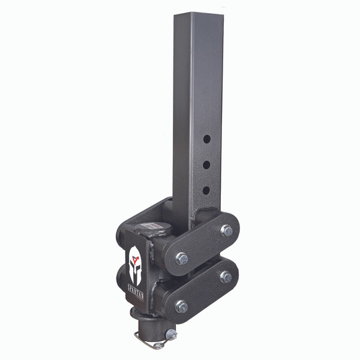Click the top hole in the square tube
pos(206,139)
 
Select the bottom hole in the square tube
pos(206,190)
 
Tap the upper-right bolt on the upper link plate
pos(226,230)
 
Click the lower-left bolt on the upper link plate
pos(181,259)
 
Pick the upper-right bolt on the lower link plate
pos(226,277)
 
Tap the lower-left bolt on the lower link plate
pos(181,306)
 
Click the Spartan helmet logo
pos(135,263)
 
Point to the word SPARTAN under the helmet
pos(134,294)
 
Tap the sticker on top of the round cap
pos(150,227)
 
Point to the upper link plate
pos(203,244)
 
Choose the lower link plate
pos(203,292)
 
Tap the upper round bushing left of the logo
pos(122,243)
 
